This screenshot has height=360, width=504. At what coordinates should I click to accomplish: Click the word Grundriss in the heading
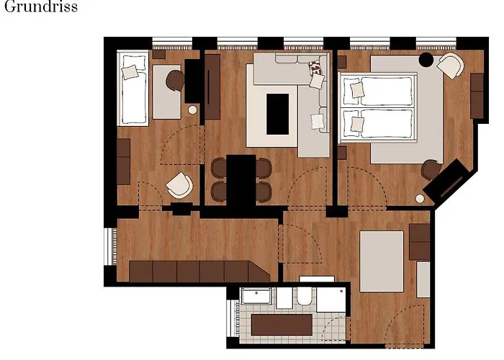(x=41, y=9)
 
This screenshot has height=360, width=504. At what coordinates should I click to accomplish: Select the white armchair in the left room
(x=179, y=186)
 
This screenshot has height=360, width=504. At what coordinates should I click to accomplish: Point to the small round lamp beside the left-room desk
(x=192, y=109)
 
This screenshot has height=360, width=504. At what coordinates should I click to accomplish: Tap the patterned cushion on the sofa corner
(x=315, y=70)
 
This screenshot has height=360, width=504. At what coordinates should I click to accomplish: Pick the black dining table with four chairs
(x=241, y=179)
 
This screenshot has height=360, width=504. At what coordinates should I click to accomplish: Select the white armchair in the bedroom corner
(x=450, y=66)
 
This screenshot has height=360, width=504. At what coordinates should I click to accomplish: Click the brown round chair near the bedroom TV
(x=431, y=170)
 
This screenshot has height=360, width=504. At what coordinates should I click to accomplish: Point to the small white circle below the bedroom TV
(x=420, y=197)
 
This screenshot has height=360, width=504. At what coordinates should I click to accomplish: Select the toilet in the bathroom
(x=304, y=297)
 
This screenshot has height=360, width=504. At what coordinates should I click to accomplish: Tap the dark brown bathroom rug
(x=277, y=325)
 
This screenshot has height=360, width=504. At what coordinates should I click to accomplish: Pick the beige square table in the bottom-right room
(x=381, y=261)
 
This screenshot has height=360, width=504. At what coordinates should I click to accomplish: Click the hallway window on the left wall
(x=109, y=247)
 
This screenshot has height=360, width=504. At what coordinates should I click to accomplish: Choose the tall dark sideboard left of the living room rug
(x=212, y=87)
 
